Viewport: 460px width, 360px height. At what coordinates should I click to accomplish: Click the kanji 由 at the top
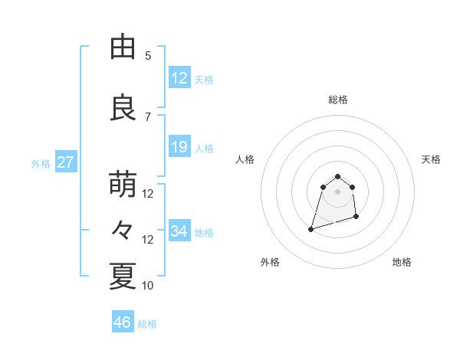(x=123, y=47)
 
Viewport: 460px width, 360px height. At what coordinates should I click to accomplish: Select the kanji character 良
(x=123, y=108)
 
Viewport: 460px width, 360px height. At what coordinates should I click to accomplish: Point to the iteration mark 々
(x=123, y=231)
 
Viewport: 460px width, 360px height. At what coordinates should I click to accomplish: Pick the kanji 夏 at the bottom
(x=123, y=277)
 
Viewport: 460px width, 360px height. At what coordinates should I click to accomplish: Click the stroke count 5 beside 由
(x=148, y=55)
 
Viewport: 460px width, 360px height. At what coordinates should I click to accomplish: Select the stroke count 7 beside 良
(x=148, y=116)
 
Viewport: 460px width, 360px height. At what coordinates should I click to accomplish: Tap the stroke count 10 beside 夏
(x=148, y=286)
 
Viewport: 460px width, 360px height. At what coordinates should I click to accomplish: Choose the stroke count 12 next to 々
(x=148, y=240)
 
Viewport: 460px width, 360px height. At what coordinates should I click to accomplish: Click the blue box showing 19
(x=179, y=147)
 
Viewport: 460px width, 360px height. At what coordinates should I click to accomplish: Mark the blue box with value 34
(x=179, y=231)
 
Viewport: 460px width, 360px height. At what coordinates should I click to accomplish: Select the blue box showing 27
(x=65, y=162)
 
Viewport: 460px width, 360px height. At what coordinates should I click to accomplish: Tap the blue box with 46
(x=123, y=322)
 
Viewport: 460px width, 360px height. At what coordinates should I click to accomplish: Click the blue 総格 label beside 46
(x=147, y=324)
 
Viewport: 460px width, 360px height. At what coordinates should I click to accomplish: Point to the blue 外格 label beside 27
(x=41, y=163)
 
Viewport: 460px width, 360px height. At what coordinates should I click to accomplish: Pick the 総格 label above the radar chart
(x=337, y=100)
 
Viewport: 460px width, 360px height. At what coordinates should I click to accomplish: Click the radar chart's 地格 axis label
(x=402, y=262)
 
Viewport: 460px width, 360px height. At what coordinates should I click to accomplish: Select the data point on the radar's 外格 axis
(x=310, y=229)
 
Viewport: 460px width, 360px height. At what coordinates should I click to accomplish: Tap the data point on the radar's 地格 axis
(x=358, y=218)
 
